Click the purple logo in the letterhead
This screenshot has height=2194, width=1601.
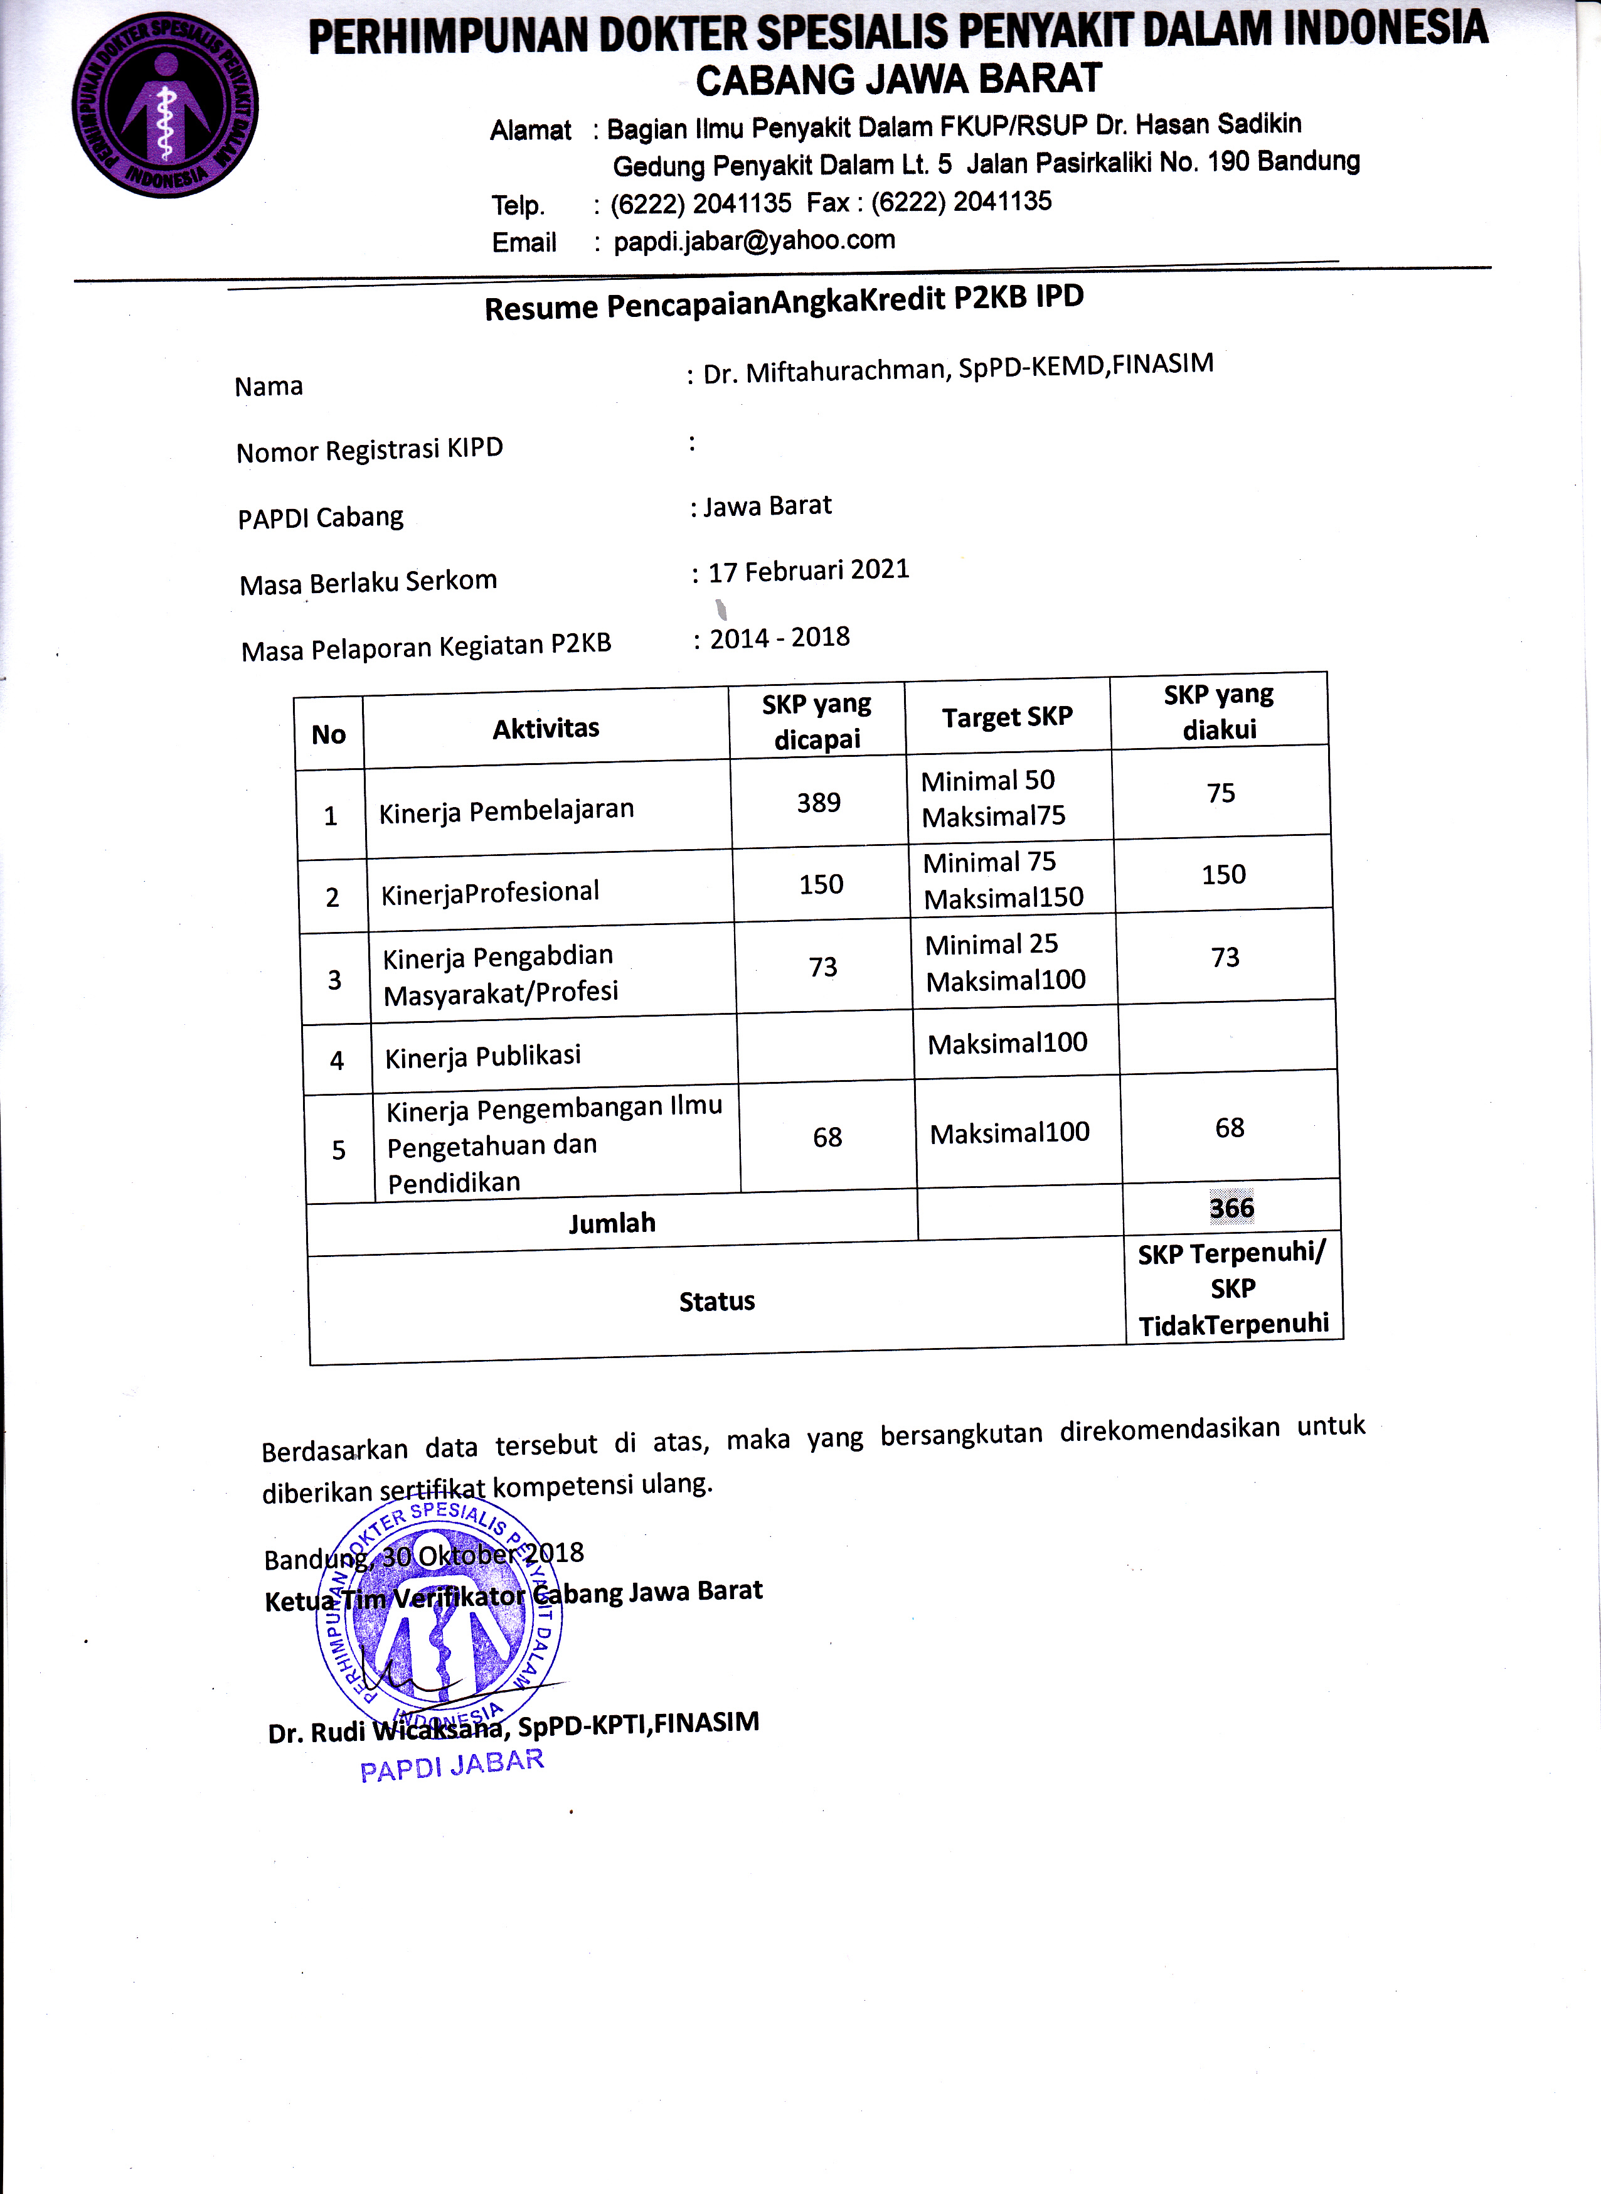click(x=166, y=107)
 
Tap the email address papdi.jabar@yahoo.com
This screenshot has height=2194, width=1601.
click(x=754, y=240)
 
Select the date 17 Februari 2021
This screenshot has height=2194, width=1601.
click(x=808, y=570)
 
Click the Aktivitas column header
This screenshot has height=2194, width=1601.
click(x=546, y=728)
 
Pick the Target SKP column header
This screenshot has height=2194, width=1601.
click(x=1007, y=717)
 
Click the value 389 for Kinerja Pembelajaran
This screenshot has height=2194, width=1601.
click(x=819, y=803)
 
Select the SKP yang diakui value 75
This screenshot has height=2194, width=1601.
click(x=1221, y=793)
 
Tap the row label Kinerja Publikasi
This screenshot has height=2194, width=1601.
click(x=482, y=1056)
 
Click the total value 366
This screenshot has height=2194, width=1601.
click(x=1231, y=1208)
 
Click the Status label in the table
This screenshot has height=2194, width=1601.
click(x=716, y=1301)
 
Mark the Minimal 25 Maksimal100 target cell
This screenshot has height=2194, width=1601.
click(x=1005, y=961)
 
